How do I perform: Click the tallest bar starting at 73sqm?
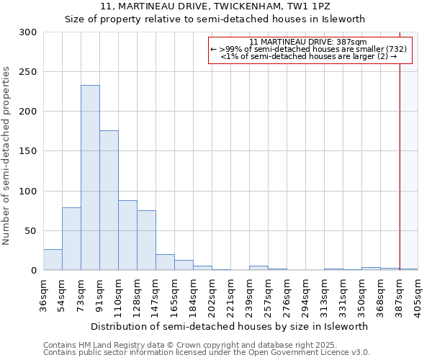pyautogui.click(x=90, y=177)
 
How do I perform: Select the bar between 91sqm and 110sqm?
pyautogui.click(x=109, y=200)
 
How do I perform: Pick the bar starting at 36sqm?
pyautogui.click(x=53, y=259)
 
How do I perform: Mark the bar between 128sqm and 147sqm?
pyautogui.click(x=146, y=240)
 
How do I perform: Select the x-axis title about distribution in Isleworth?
pyautogui.click(x=230, y=326)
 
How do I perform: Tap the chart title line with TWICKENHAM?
pyautogui.click(x=215, y=6)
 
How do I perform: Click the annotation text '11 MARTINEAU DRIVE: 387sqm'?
pyautogui.click(x=309, y=42)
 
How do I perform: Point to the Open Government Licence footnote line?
pyautogui.click(x=207, y=352)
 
